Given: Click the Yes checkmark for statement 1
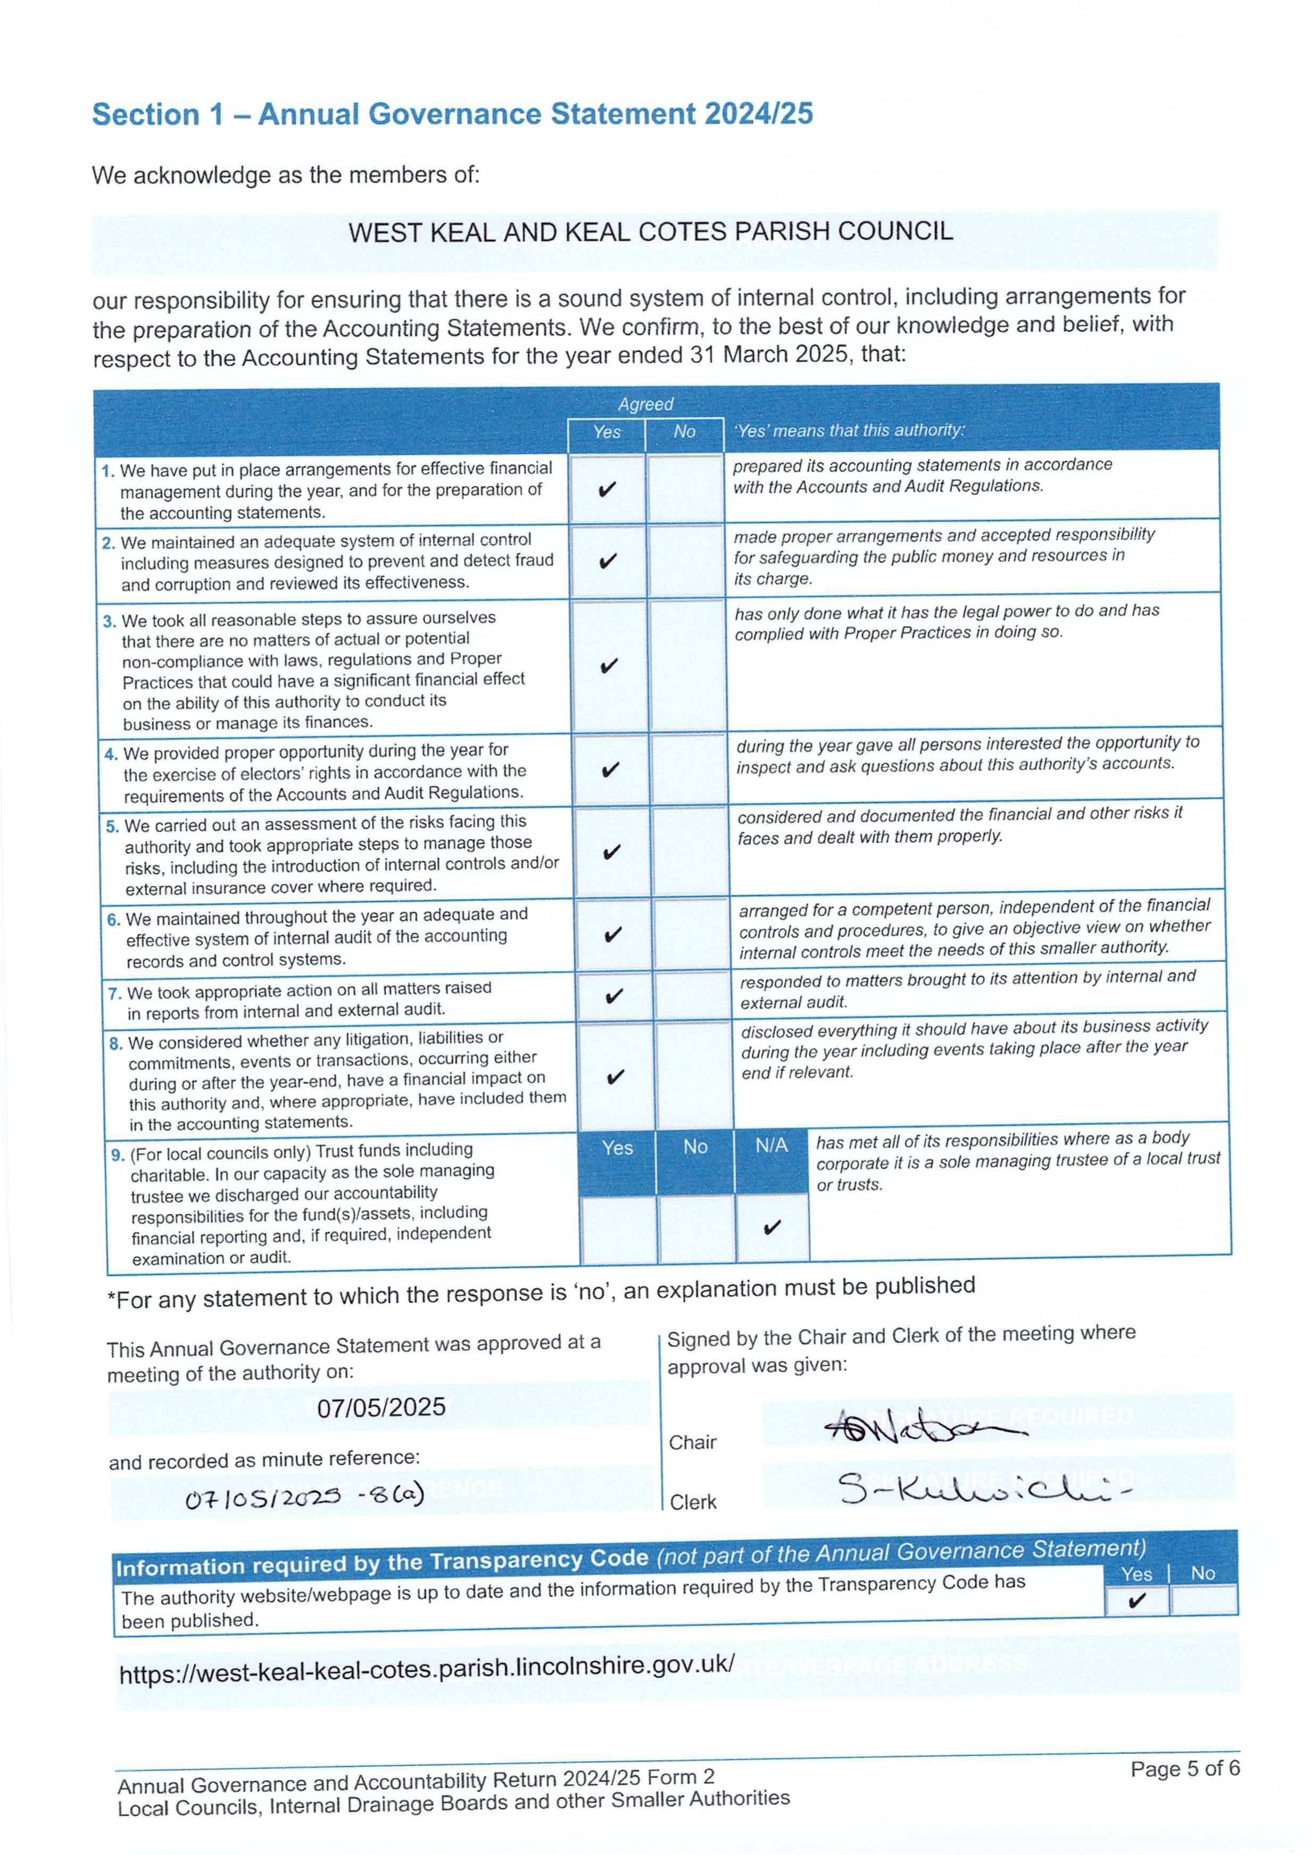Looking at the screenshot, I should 607,489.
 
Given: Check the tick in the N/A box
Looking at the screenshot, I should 771,1227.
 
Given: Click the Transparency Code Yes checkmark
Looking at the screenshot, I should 1136,1601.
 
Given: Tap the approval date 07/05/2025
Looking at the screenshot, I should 380,1407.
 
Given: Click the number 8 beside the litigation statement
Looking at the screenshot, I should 115,1043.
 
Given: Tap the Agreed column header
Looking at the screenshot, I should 645,404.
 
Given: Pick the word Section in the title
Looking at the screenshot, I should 145,115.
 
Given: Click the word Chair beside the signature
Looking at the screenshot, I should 692,1442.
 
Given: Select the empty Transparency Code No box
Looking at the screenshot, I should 1203,1600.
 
